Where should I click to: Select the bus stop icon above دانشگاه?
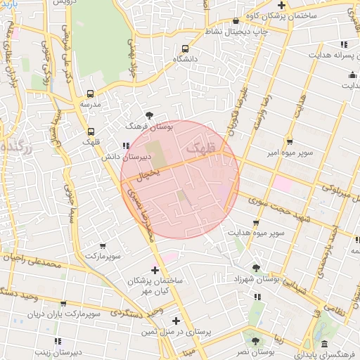coord(184,49)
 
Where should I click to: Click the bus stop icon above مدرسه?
coord(90,94)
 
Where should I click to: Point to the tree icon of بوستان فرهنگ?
coord(148,115)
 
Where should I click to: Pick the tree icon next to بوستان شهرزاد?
coord(257,267)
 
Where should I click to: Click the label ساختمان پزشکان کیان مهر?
coord(155,285)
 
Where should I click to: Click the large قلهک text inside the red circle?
coord(200,150)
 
